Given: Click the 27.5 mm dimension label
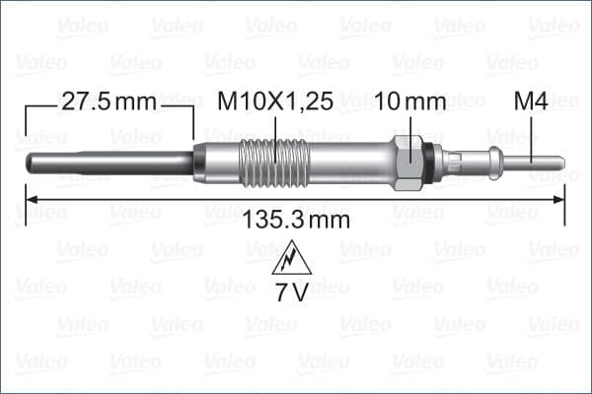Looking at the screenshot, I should click(x=110, y=101).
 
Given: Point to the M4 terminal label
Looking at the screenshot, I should click(x=531, y=101).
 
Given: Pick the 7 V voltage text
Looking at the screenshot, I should click(x=293, y=292).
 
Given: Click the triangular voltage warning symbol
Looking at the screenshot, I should click(x=293, y=259).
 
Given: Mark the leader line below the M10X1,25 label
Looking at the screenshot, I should click(x=274, y=128).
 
